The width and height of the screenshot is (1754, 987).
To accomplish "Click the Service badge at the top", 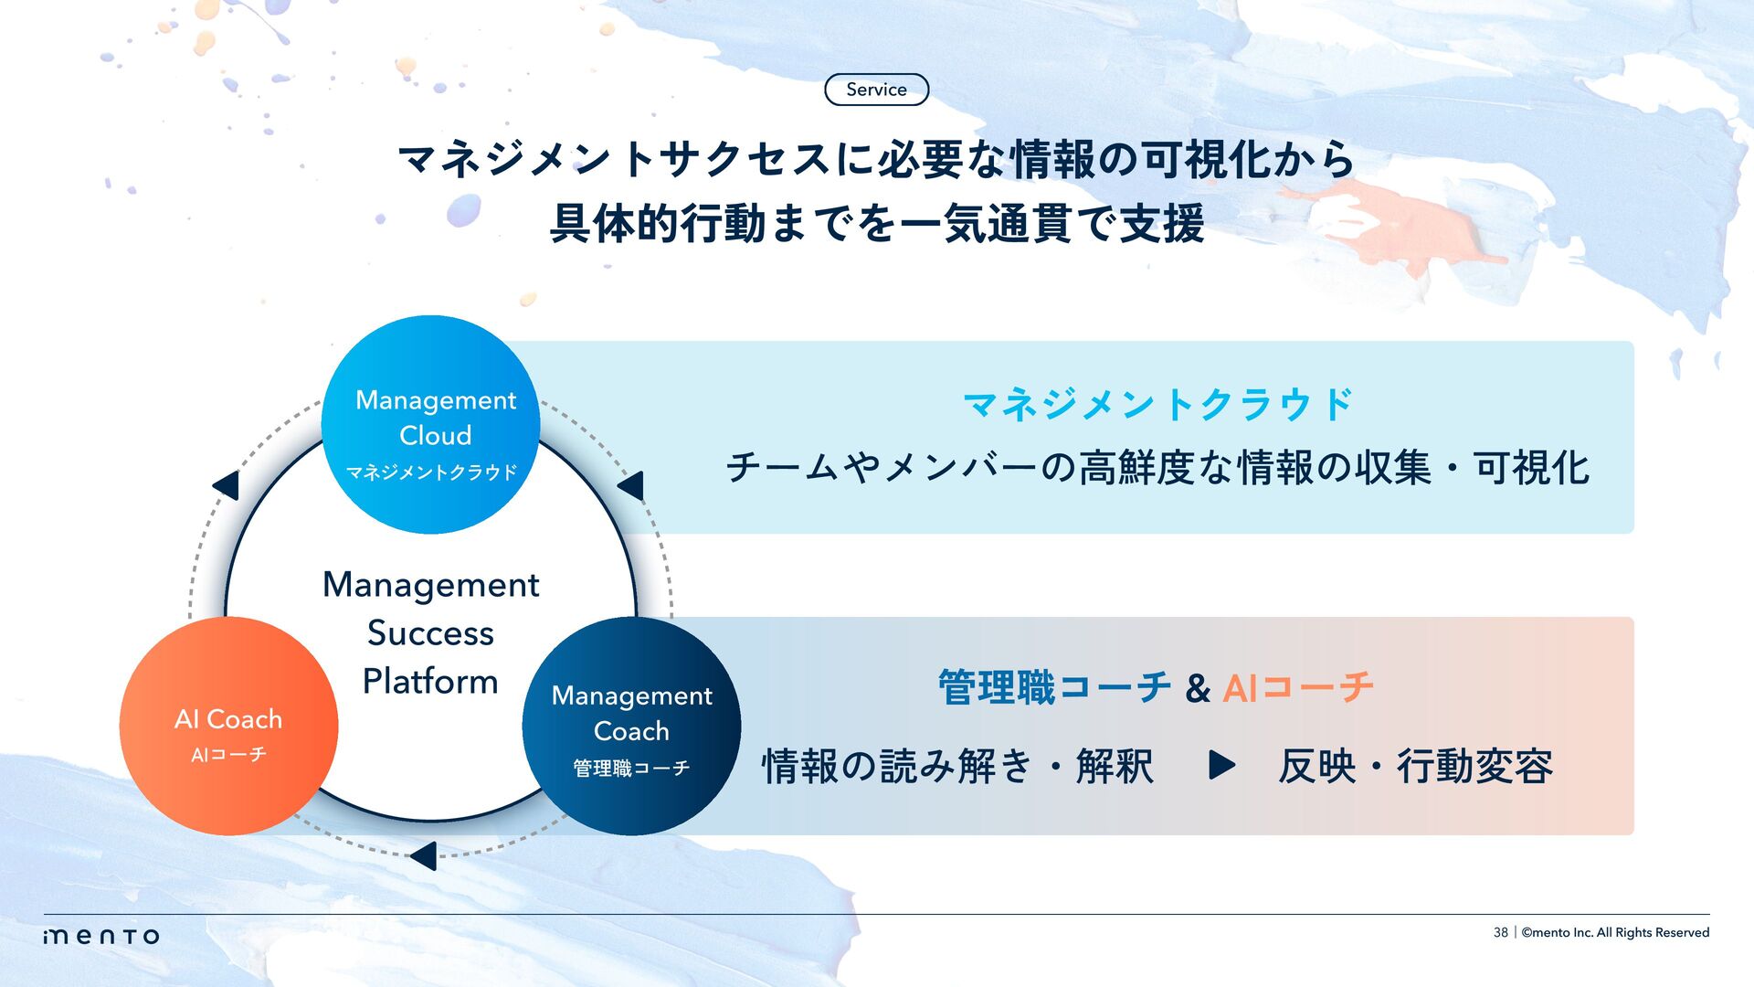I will click(876, 90).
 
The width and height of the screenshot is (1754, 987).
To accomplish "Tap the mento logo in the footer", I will click(101, 936).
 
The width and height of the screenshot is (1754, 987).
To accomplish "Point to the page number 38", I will click(1500, 932).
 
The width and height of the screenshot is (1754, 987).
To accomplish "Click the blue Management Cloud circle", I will click(431, 425).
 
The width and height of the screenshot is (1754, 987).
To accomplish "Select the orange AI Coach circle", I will click(228, 727).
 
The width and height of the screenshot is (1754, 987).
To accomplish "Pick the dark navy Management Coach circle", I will click(631, 727).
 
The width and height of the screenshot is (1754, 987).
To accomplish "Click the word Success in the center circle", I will click(430, 633).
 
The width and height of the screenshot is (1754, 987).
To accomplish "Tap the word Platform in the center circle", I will click(430, 682).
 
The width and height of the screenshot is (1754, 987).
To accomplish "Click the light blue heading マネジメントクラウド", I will click(1158, 405).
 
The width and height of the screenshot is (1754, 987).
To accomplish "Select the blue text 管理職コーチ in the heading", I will click(1054, 687).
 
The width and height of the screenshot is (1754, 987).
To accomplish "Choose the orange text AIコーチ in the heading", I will click(1297, 687).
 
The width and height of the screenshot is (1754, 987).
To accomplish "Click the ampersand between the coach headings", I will click(1198, 688).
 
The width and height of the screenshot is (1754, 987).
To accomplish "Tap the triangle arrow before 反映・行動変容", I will click(1220, 765).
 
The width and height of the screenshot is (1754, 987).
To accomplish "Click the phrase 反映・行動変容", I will click(1415, 766).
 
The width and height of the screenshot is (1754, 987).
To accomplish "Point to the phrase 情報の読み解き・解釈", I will click(957, 766).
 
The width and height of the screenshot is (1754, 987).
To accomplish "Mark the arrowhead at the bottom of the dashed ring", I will click(424, 856).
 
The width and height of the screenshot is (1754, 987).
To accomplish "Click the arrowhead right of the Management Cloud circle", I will click(631, 485).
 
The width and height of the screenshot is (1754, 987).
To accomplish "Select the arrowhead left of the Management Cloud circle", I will click(226, 485).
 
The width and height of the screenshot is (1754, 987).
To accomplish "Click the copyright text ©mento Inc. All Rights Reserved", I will click(1615, 932).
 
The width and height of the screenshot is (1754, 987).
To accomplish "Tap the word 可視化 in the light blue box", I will click(1531, 468).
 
